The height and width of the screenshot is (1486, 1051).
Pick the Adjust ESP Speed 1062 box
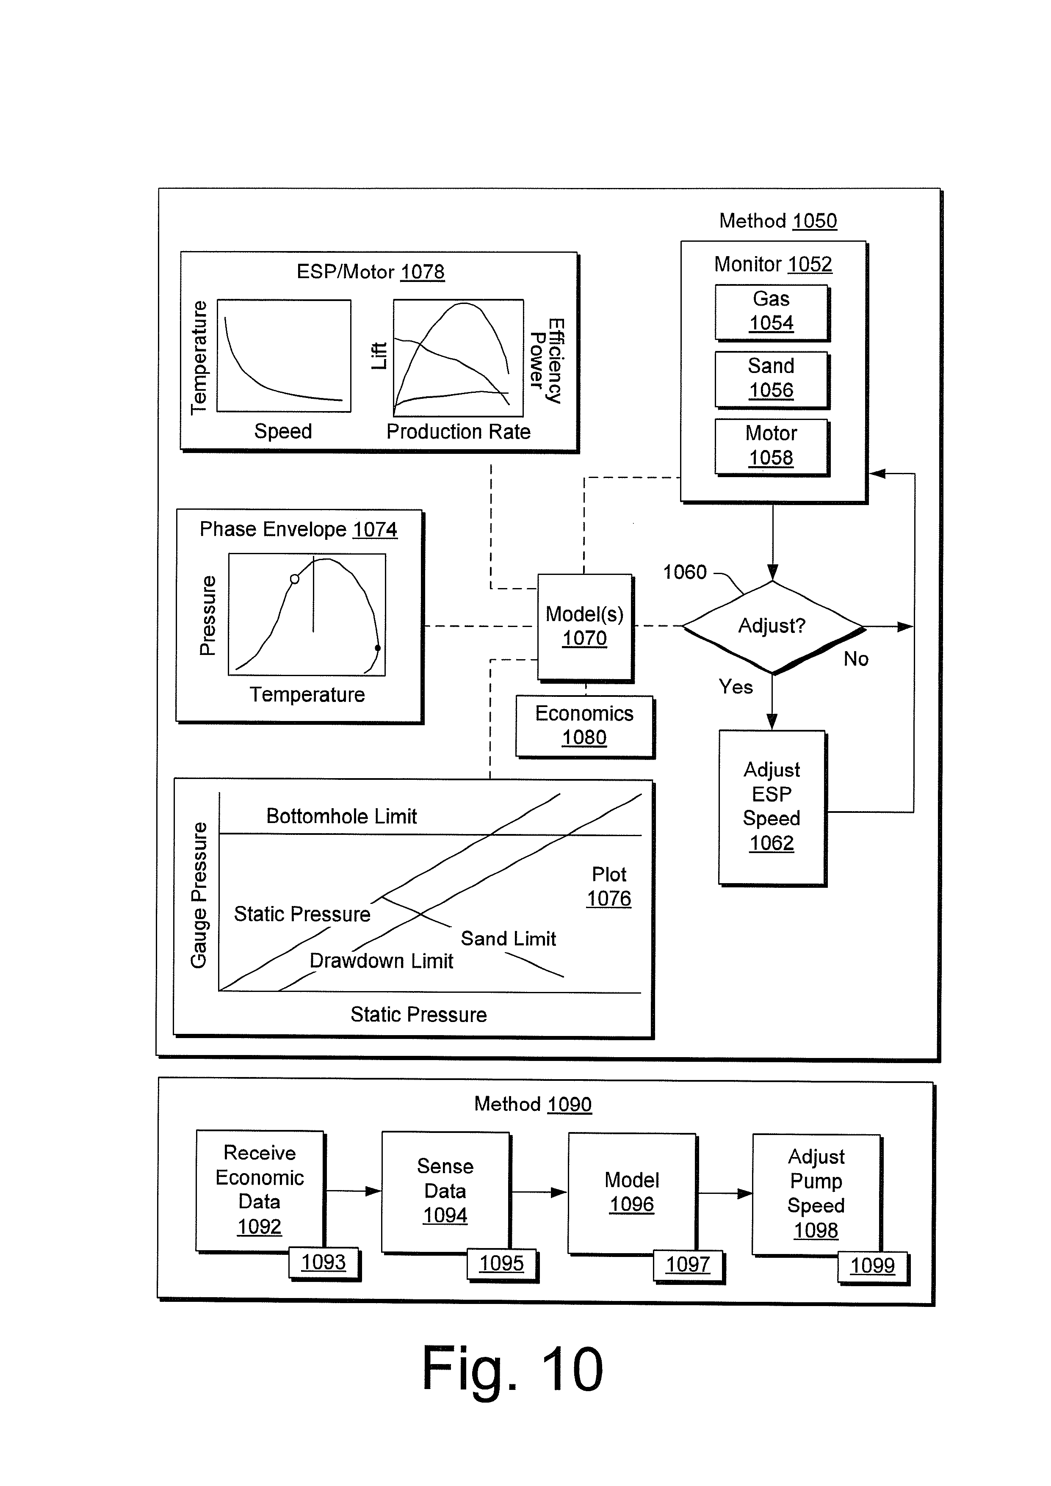point(772,807)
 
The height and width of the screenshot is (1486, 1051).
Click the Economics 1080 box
point(584,726)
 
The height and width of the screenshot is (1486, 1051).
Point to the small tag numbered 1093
point(324,1262)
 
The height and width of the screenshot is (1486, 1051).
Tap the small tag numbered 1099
point(872,1265)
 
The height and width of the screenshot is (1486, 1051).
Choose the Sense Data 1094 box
point(445,1191)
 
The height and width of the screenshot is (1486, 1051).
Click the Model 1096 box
point(632,1192)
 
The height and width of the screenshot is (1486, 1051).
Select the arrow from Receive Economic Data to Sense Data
point(353,1191)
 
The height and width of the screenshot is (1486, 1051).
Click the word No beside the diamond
point(855,659)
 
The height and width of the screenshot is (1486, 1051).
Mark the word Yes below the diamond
point(736,687)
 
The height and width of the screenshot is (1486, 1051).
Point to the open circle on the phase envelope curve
point(294,579)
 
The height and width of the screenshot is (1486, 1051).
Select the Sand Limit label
point(508,939)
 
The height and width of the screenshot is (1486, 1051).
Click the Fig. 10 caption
point(512,1368)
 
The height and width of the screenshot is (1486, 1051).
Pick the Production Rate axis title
point(458,432)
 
